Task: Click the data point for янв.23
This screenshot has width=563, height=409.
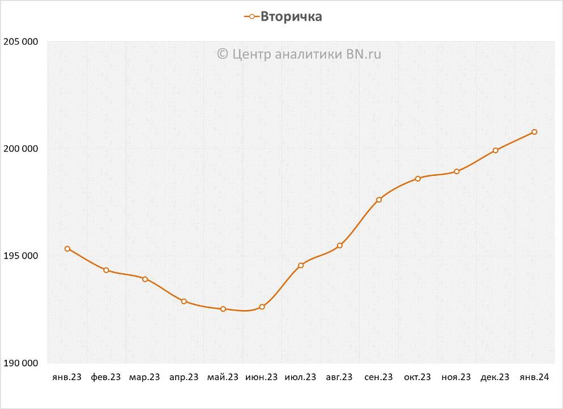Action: pos(67,249)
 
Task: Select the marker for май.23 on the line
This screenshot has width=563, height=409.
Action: pos(223,309)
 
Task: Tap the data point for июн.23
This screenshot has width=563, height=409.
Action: pos(262,307)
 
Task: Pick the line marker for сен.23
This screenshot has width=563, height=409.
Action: pos(379,200)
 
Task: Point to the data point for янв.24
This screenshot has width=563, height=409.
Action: pos(534,132)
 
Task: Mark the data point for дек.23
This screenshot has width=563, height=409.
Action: pos(496,150)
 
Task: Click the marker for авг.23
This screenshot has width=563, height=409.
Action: pos(340,246)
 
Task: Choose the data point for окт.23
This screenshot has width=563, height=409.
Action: pos(418,179)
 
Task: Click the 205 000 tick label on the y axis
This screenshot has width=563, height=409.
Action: pos(21,41)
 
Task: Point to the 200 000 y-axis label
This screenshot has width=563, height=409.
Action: pos(21,149)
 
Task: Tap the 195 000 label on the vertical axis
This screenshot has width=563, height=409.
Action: pos(21,256)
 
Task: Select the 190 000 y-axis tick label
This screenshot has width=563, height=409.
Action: pos(21,363)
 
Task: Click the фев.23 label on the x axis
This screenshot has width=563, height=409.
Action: pos(106,377)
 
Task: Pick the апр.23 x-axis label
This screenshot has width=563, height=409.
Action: pos(184,377)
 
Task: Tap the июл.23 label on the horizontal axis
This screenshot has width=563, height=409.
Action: pos(301,377)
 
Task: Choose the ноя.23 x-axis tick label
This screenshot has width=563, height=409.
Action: pos(457,377)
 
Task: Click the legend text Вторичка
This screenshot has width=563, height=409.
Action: pos(291,17)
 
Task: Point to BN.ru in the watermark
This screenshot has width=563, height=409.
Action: pos(367,54)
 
